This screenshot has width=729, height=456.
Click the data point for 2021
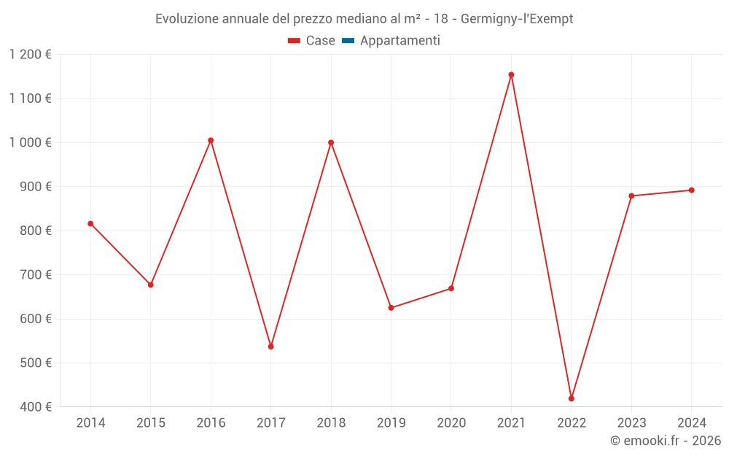pyautogui.click(x=511, y=74)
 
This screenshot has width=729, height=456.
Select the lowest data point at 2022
pyautogui.click(x=572, y=398)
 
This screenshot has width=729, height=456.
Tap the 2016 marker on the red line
pyautogui.click(x=211, y=140)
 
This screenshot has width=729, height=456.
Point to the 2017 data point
pyautogui.click(x=270, y=347)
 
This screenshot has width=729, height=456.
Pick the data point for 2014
pyautogui.click(x=90, y=223)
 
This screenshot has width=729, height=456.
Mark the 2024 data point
pyautogui.click(x=692, y=190)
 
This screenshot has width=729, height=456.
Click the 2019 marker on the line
pyautogui.click(x=391, y=308)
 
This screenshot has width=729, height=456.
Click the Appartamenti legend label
pyautogui.click(x=399, y=41)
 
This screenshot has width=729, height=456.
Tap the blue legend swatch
pyautogui.click(x=348, y=41)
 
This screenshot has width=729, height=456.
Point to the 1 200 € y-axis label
pyautogui.click(x=30, y=55)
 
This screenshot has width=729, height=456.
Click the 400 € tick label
pyautogui.click(x=35, y=407)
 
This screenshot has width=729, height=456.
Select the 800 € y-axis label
pyautogui.click(x=35, y=231)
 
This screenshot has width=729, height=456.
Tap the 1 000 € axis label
pyautogui.click(x=30, y=142)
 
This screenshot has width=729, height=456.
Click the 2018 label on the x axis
pyautogui.click(x=331, y=423)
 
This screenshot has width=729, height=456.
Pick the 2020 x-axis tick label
pyautogui.click(x=451, y=423)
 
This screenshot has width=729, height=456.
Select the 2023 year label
pyautogui.click(x=631, y=423)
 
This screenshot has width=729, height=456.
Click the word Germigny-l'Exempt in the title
pyautogui.click(x=517, y=19)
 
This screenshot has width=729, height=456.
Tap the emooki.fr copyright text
pyautogui.click(x=666, y=441)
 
